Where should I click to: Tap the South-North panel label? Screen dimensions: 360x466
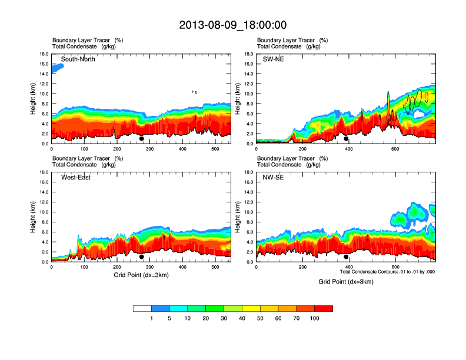(x=78, y=59)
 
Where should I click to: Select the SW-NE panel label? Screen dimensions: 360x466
(x=273, y=59)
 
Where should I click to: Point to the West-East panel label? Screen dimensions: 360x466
(x=75, y=178)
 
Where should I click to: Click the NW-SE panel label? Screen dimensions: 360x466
(x=273, y=178)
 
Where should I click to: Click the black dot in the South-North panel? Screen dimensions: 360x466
(x=141, y=139)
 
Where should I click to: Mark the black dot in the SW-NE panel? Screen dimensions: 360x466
(x=346, y=139)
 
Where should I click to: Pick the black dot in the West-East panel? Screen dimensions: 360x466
(x=141, y=257)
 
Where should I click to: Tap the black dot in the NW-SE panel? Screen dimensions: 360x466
(x=346, y=257)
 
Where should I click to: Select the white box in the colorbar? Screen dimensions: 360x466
(x=142, y=308)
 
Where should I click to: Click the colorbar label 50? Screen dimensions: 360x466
(x=260, y=318)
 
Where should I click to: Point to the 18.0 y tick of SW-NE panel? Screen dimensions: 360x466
(x=248, y=54)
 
